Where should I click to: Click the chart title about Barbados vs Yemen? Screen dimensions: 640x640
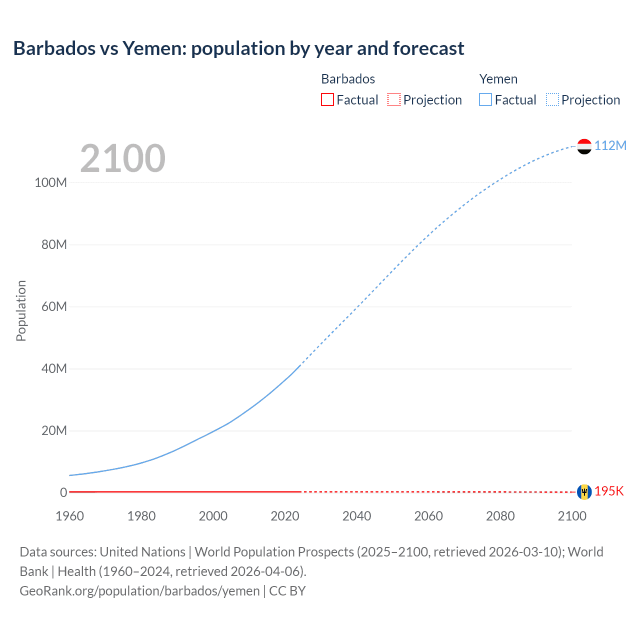pos(238,48)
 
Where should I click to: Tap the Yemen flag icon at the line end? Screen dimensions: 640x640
pos(584,146)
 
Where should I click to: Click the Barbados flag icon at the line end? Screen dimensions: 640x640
pos(584,492)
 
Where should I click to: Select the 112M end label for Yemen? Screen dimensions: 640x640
pos(610,145)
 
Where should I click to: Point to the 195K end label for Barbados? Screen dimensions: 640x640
pos(609,491)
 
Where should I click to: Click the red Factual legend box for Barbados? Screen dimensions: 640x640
pos(327,99)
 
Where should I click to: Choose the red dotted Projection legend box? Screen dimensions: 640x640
pos(394,99)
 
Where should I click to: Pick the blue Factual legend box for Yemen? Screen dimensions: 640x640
pos(485,99)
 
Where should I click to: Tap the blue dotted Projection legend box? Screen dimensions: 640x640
pos(552,99)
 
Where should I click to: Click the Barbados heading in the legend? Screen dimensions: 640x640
pos(348,79)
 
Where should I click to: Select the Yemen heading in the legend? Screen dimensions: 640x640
pos(498,79)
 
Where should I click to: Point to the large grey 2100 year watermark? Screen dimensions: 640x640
pos(122,158)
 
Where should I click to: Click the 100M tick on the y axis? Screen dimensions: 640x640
pos(50,182)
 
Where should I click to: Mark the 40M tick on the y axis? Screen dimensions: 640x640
pos(54,369)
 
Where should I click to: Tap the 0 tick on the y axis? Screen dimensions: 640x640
pos(63,492)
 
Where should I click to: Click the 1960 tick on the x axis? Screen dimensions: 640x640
pos(69,516)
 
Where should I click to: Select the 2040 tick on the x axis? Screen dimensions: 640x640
pos(356,516)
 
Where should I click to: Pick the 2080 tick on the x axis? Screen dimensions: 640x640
pos(500,516)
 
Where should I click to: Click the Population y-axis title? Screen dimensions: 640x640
pos(21,310)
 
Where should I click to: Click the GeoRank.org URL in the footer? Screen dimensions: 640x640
pos(139,591)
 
